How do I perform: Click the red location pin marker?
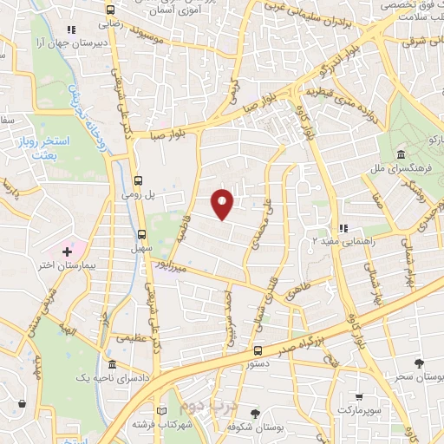pyautogui.click(x=224, y=203)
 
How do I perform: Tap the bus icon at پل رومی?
pyautogui.click(x=139, y=180)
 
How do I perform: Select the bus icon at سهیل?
pyautogui.click(x=141, y=234)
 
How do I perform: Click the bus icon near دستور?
pyautogui.click(x=258, y=350)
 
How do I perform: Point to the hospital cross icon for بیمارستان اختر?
pyautogui.click(x=68, y=251)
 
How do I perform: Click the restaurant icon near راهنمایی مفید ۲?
pyautogui.click(x=344, y=228)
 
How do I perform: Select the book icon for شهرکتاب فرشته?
pyautogui.click(x=160, y=411)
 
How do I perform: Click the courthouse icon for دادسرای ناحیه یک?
pyautogui.click(x=111, y=365)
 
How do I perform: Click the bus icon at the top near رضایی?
pyautogui.click(x=109, y=10)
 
